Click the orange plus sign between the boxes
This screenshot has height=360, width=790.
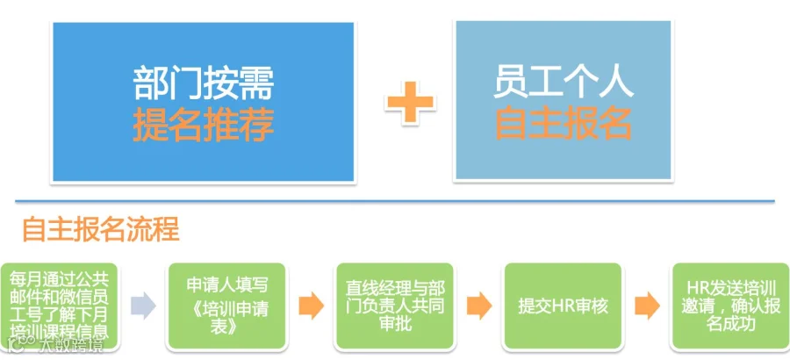click(409, 103)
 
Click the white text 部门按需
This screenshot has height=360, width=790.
click(204, 84)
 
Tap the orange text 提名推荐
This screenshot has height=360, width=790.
click(204, 124)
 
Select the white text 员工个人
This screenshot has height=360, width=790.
click(564, 84)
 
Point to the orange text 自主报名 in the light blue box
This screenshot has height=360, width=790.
click(564, 124)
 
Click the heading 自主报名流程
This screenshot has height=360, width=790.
click(100, 229)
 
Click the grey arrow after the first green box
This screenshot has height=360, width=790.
click(142, 306)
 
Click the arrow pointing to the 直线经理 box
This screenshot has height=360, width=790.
click(310, 306)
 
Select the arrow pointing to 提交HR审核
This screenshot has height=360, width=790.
click(478, 306)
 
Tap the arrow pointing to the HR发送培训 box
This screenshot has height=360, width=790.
click(646, 306)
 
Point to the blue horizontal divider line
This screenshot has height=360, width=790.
click(395, 202)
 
